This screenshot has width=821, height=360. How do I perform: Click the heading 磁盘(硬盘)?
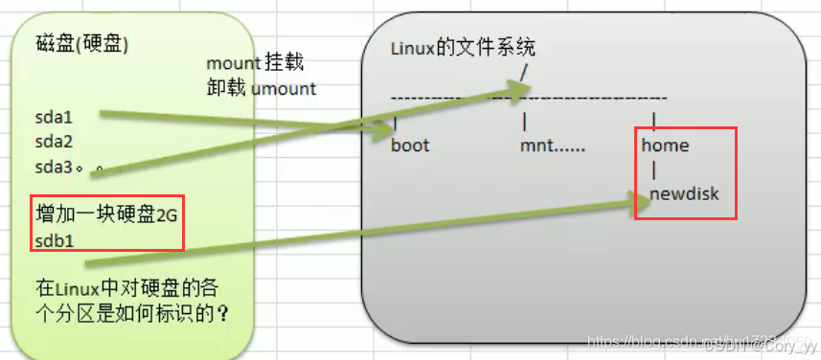point(81,43)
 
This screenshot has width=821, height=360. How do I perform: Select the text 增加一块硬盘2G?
point(105,214)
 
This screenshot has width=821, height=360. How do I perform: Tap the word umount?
point(284,89)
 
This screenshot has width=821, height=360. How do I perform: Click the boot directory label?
point(410,146)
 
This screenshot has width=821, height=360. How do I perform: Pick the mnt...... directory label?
point(554,146)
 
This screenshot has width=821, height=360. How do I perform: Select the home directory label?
point(665,146)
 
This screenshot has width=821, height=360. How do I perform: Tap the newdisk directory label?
point(684,194)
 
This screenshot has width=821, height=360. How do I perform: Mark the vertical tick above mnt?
point(523,123)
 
